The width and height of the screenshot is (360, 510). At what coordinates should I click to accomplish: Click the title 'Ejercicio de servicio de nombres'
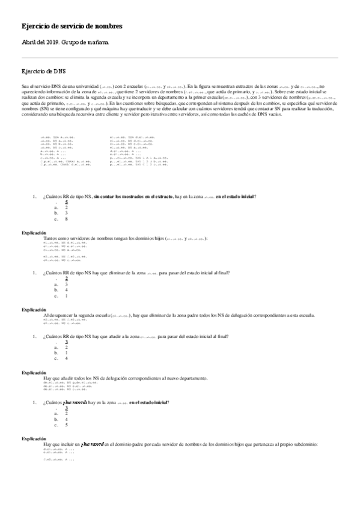(72, 27)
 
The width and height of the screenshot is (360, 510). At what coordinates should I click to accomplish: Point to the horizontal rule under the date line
(180, 58)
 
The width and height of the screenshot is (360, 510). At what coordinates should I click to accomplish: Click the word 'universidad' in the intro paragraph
(86, 88)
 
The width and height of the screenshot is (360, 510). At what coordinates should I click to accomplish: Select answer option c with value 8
(66, 219)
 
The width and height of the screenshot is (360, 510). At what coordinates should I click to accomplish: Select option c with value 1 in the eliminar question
(66, 295)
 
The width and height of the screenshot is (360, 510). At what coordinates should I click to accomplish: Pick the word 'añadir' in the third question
(123, 336)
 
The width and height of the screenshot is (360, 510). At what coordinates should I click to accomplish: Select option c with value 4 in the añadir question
(66, 358)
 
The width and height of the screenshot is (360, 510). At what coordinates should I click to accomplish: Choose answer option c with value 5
(66, 425)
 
